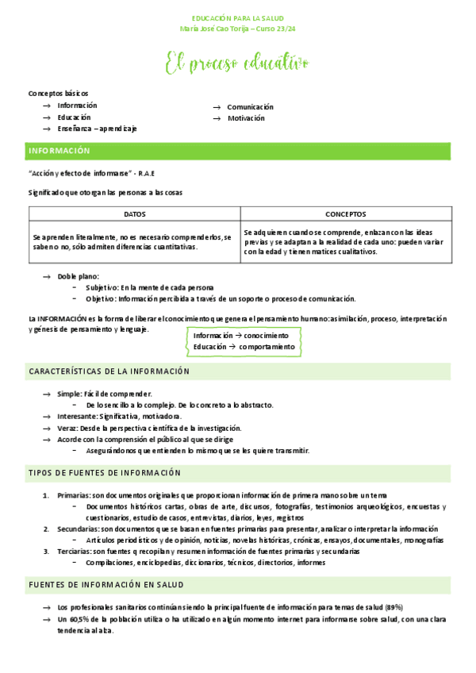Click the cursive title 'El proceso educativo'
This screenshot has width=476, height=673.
pyautogui.click(x=237, y=63)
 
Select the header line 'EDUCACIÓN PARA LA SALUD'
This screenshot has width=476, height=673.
pyautogui.click(x=237, y=17)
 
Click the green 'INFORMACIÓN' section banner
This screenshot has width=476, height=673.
pyautogui.click(x=60, y=151)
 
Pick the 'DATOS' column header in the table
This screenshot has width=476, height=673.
pyautogui.click(x=134, y=214)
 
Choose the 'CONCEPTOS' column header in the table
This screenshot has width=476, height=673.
pyautogui.click(x=345, y=214)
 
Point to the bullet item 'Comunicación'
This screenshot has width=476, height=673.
pyautogui.click(x=250, y=106)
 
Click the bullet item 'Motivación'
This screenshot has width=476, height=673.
pyautogui.click(x=246, y=118)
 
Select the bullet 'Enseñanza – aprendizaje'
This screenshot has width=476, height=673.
pyautogui.click(x=97, y=129)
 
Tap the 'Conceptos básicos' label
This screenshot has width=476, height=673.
pyautogui.click(x=58, y=93)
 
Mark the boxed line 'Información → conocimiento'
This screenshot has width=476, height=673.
pyautogui.click(x=240, y=335)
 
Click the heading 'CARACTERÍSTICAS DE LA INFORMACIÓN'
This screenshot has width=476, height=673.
pyautogui.click(x=109, y=371)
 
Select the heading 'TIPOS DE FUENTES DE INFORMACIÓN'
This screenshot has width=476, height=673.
pyautogui.click(x=105, y=473)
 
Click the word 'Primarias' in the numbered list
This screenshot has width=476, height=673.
pyautogui.click(x=74, y=494)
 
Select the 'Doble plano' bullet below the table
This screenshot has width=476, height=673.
pyautogui.click(x=78, y=276)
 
